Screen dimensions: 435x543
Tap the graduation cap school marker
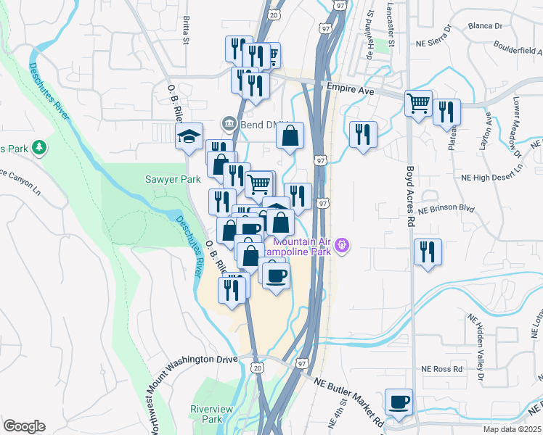click(x=189, y=136)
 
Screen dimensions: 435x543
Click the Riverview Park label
click(x=211, y=414)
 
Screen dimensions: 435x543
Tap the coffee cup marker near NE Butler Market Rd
click(x=399, y=402)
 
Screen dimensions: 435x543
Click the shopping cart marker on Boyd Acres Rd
click(x=419, y=104)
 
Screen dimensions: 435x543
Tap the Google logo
click(x=24, y=426)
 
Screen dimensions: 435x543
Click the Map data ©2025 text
click(x=511, y=429)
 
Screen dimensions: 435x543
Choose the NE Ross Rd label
click(x=443, y=368)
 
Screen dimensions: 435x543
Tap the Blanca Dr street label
click(x=486, y=25)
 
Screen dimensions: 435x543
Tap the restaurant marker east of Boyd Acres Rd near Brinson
click(x=428, y=252)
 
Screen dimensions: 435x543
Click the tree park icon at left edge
click(x=39, y=148)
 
